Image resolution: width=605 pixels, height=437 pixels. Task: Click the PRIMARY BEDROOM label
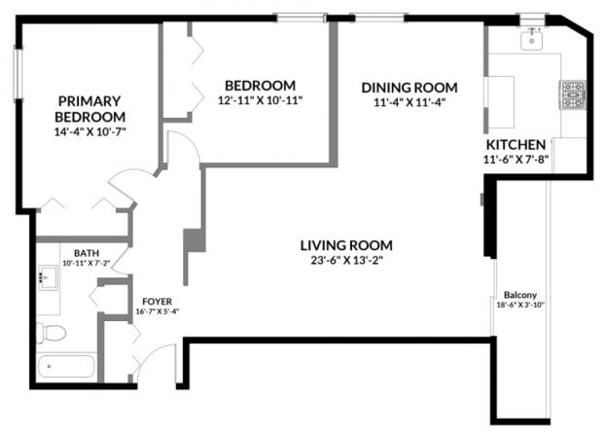(x=90, y=109)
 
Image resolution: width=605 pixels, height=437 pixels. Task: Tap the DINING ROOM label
(x=409, y=88)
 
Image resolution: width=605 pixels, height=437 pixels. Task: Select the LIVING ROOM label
(x=346, y=245)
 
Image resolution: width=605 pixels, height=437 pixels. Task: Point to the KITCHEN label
(x=516, y=145)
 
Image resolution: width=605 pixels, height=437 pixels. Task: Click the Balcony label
(x=520, y=295)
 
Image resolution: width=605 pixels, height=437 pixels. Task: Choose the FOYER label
(x=157, y=302)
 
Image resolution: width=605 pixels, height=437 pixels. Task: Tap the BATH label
(x=87, y=253)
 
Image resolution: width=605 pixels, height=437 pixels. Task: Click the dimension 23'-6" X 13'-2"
(x=346, y=261)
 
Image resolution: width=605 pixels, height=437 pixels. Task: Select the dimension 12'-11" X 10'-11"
(x=260, y=100)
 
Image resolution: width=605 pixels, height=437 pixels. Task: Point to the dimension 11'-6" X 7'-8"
(x=516, y=159)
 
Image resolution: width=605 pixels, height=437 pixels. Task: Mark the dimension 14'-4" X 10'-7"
(x=90, y=132)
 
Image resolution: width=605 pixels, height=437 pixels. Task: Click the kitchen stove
(x=573, y=95)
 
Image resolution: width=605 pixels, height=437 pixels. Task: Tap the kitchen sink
(x=531, y=40)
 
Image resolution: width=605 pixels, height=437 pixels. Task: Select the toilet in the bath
(x=51, y=333)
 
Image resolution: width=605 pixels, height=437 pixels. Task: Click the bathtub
(x=66, y=366)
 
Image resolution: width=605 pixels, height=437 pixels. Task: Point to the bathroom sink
(x=49, y=277)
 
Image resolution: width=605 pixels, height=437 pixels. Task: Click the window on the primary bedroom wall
(x=18, y=74)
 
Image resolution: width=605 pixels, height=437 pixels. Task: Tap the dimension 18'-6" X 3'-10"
(x=520, y=305)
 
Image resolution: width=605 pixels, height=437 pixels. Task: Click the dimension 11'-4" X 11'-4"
(x=409, y=103)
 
